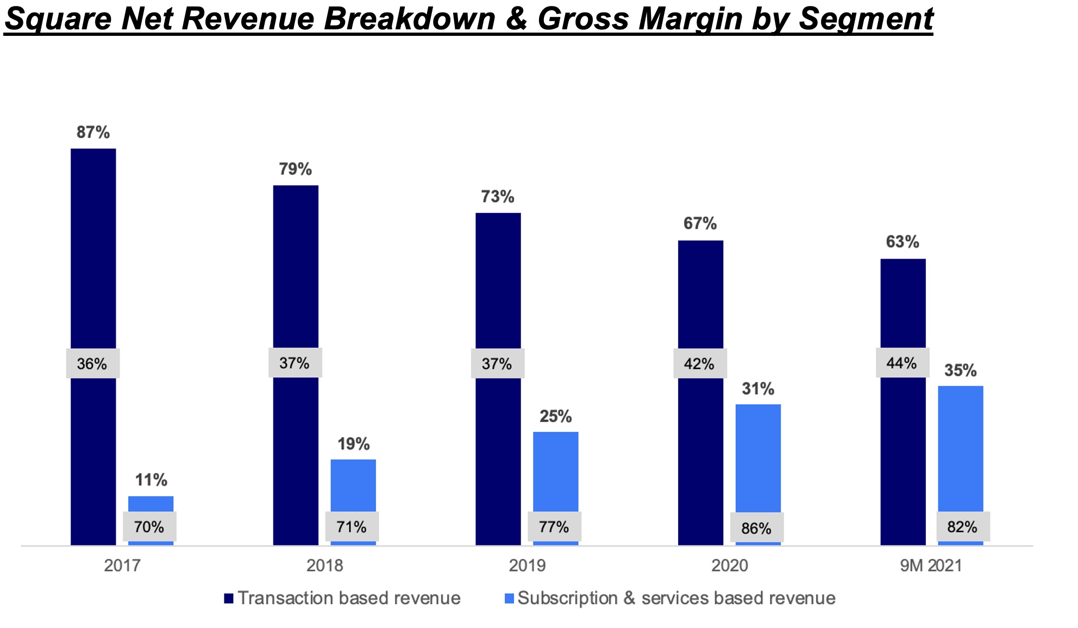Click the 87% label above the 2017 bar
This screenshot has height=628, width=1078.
pos(93,132)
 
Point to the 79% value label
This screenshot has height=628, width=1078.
pos(295,169)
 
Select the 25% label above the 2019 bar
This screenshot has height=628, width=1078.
pos(555,416)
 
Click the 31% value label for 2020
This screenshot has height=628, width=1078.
pos(758,388)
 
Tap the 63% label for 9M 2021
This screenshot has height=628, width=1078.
pos(902,242)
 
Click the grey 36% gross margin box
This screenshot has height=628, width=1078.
pos(92,363)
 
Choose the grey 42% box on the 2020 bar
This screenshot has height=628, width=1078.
pos(699,363)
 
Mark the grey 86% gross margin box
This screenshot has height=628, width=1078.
pos(756,528)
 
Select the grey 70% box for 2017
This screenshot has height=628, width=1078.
pos(149,526)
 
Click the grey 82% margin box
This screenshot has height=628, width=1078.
pos(962,526)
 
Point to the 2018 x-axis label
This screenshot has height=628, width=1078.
pos(324,566)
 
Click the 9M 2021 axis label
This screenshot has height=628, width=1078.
pos(931,566)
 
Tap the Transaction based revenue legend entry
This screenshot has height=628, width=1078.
pos(348,598)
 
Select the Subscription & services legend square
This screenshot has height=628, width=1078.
pos(509,599)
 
